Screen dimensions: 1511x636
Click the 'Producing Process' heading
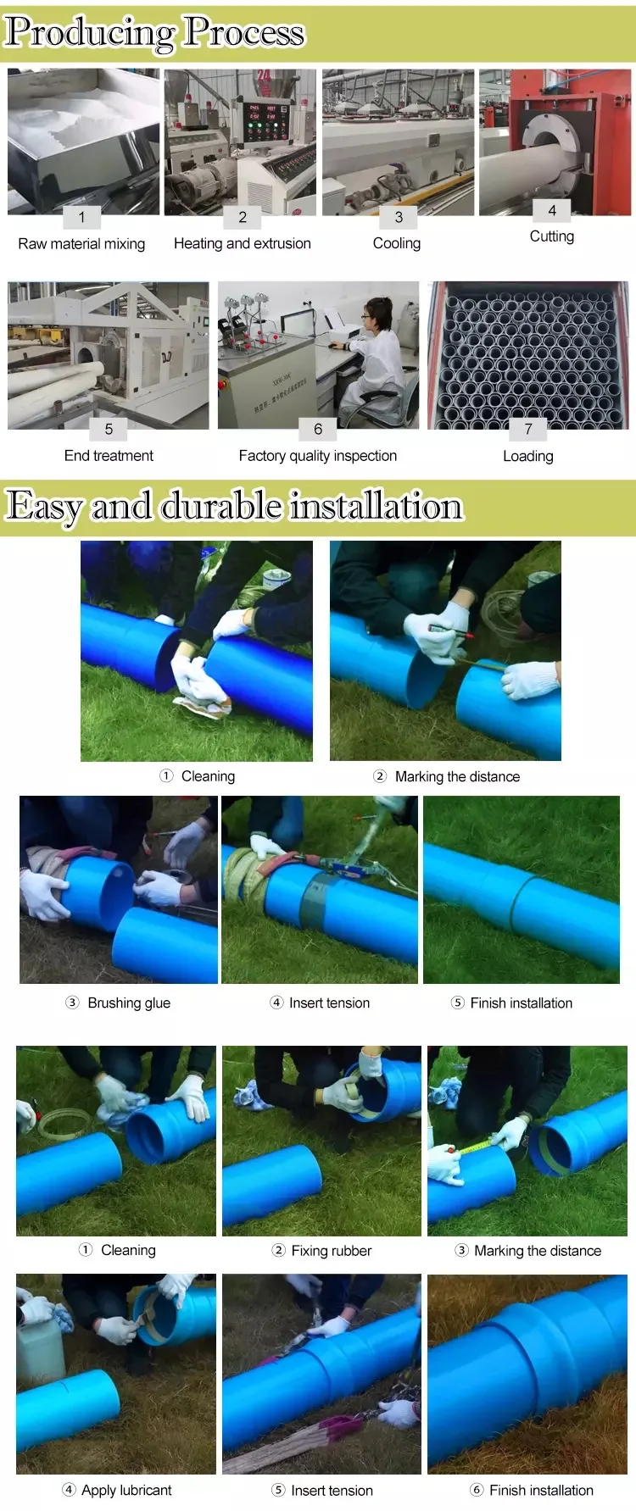pyautogui.click(x=154, y=32)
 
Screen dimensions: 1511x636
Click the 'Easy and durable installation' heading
pyautogui.click(x=234, y=506)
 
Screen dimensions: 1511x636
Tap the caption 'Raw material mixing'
pyautogui.click(x=81, y=244)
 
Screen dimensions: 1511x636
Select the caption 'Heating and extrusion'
pyautogui.click(x=242, y=243)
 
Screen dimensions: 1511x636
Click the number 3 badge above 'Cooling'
pyautogui.click(x=399, y=217)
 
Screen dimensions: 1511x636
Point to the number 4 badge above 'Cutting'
pyautogui.click(x=552, y=210)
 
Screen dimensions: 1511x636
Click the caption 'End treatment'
pyautogui.click(x=109, y=456)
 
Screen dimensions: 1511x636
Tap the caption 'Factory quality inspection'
pyautogui.click(x=317, y=456)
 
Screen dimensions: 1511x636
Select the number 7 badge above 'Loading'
pyautogui.click(x=528, y=429)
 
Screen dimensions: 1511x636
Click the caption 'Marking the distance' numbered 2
pyautogui.click(x=457, y=776)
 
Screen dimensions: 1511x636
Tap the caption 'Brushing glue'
pyautogui.click(x=129, y=1003)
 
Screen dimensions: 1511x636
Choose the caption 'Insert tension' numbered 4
pyautogui.click(x=329, y=1003)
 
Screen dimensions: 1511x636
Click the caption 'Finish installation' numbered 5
pyautogui.click(x=521, y=1003)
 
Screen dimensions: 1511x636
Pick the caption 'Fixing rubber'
pyautogui.click(x=331, y=1250)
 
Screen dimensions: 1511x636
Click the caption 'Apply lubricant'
pyautogui.click(x=126, y=1490)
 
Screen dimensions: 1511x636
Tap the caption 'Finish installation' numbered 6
pyautogui.click(x=541, y=1490)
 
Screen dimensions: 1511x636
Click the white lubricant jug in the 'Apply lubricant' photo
pyautogui.click(x=39, y=1347)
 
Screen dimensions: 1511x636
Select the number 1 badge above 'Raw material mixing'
pyautogui.click(x=82, y=217)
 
